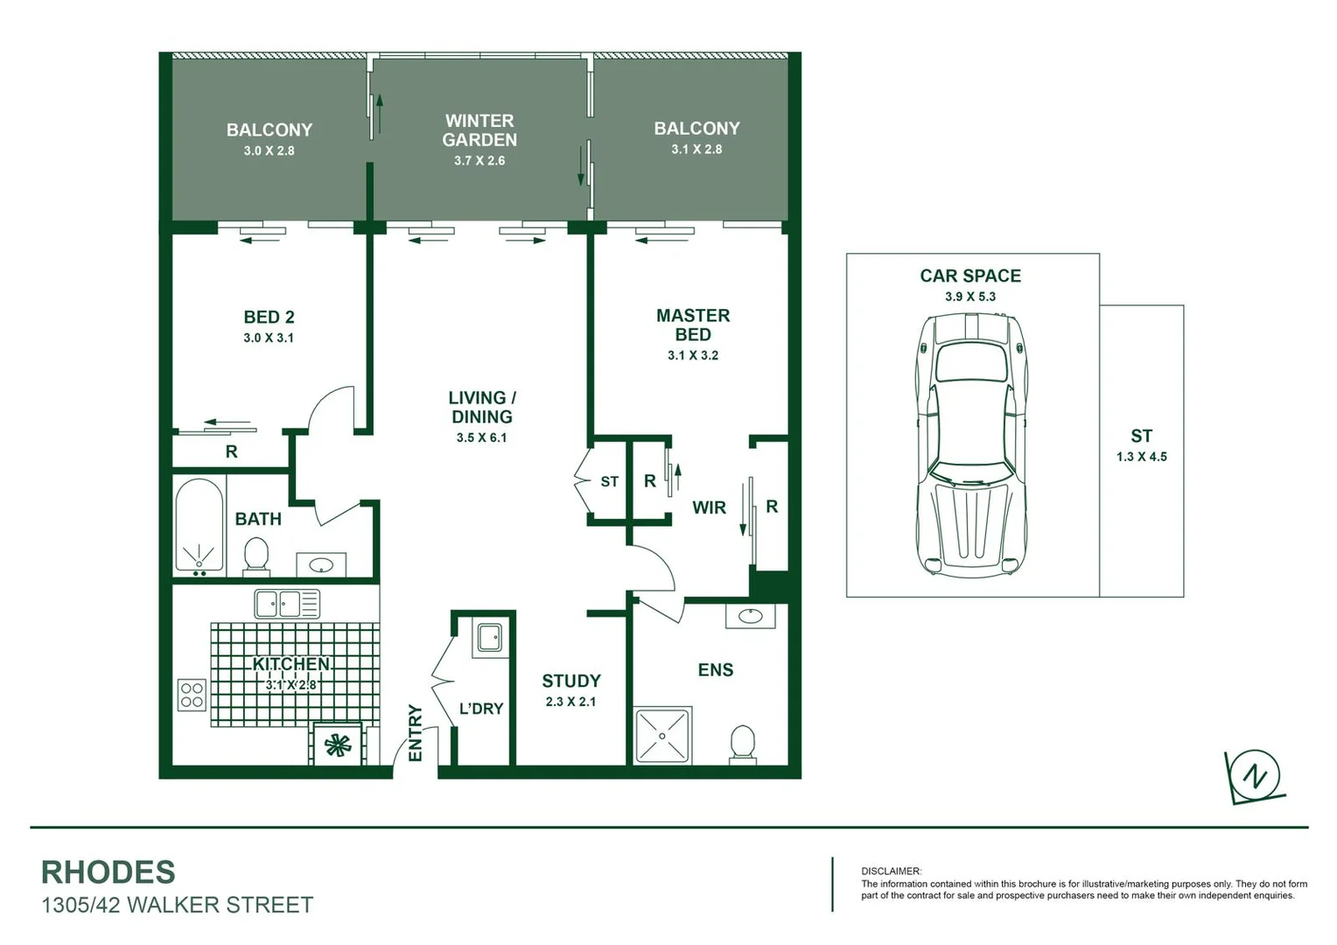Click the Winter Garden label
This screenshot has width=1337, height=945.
[479, 130]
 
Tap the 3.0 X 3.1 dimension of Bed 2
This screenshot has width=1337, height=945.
[269, 338]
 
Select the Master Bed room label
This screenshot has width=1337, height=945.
[692, 325]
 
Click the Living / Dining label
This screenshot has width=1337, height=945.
[481, 407]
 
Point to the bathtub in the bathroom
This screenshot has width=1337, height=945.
[199, 525]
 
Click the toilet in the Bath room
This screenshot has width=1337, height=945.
[255, 556]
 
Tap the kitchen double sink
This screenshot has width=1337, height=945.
[287, 604]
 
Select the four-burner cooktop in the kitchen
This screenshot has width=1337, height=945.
[192, 695]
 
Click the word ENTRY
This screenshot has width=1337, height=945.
[416, 732]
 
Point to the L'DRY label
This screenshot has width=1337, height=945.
[481, 709]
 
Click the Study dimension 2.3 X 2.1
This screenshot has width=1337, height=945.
[570, 702]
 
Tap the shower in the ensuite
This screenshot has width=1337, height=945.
[662, 735]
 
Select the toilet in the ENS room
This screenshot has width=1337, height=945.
[742, 744]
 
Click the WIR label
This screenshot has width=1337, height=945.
[709, 507]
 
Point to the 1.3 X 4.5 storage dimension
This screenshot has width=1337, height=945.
[1141, 457]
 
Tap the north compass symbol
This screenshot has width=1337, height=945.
[1256, 776]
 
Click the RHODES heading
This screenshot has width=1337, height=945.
[108, 872]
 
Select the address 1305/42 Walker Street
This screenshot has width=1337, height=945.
[178, 905]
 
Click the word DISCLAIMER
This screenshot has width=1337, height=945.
[891, 871]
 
